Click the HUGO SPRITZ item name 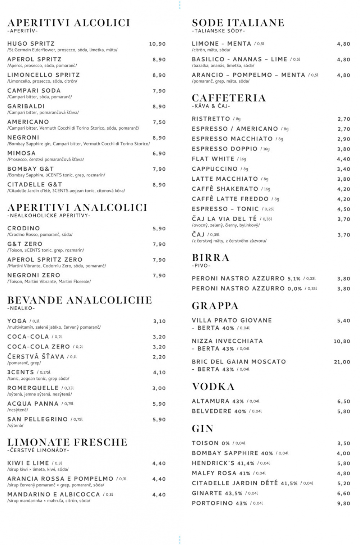tap(31, 44)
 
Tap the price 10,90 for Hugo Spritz tap(157, 44)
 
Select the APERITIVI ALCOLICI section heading tap(69, 23)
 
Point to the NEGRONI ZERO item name tap(34, 275)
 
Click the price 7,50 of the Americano tap(159, 122)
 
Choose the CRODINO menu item tap(24, 228)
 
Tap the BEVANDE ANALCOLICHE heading tap(80, 300)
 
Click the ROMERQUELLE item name tap(33, 388)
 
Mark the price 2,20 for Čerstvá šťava tap(159, 357)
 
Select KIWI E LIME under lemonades tap(28, 463)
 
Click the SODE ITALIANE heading tap(238, 23)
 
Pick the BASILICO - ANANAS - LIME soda tap(239, 59)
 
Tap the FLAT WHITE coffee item tap(213, 159)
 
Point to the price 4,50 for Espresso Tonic tap(343, 209)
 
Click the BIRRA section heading tap(211, 258)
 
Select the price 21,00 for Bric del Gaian tap(342, 362)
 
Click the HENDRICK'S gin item tap(213, 463)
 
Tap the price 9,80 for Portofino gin tap(343, 504)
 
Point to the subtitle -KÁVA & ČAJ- tap(211, 106)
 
